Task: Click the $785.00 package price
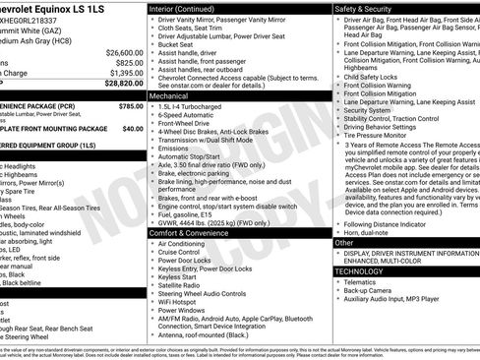(130, 105)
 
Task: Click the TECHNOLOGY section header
(359, 270)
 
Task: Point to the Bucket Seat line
(176, 43)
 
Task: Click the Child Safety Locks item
(372, 76)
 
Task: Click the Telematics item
(362, 281)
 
